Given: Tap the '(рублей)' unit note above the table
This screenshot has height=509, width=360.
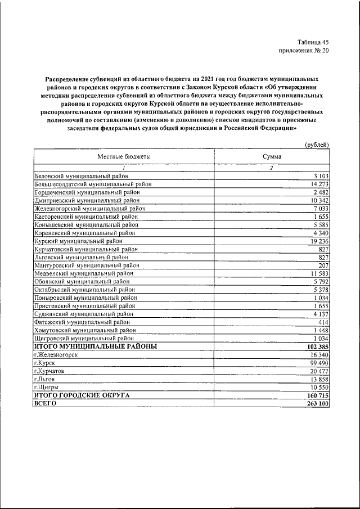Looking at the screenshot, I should point(316,145).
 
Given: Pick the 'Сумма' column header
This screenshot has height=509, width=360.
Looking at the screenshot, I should point(271,157).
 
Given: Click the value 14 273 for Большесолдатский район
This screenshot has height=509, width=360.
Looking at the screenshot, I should point(317,184).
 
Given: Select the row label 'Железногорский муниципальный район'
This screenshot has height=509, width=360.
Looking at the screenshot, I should point(89,208).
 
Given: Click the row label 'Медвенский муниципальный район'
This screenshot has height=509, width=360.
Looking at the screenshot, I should point(83,273).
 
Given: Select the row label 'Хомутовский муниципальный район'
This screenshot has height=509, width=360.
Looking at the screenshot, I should point(85,331).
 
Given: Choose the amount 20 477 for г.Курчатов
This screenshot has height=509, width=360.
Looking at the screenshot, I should point(317,372).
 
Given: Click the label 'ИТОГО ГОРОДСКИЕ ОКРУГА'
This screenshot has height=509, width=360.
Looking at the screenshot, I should point(82,396).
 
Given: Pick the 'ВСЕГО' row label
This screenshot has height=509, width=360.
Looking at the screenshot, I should point(46,404).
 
